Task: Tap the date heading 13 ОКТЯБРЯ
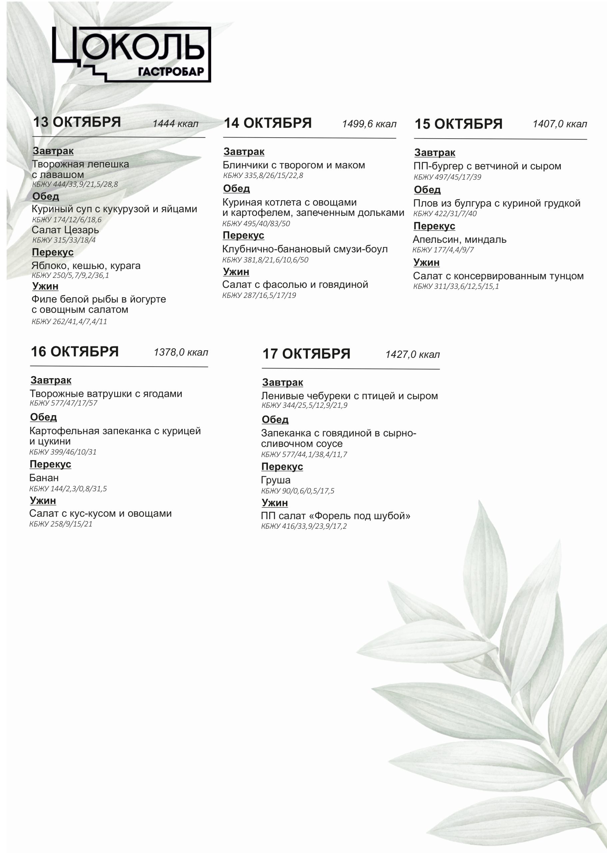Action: click(77, 122)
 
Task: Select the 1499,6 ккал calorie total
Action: click(369, 124)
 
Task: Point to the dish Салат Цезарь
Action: click(65, 230)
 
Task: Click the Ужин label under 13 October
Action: click(45, 286)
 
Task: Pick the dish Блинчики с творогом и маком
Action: click(294, 165)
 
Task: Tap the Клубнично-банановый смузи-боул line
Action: click(304, 249)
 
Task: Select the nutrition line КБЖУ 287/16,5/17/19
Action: click(259, 295)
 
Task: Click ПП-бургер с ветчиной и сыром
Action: click(487, 166)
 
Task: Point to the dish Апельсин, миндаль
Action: click(459, 240)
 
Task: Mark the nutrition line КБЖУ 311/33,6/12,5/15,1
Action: click(456, 286)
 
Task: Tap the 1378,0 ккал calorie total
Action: click(181, 352)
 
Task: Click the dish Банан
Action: click(44, 478)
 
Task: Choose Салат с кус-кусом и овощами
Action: click(101, 513)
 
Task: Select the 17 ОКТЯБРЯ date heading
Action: click(306, 354)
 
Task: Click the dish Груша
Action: click(276, 480)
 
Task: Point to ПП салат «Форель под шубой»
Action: click(335, 516)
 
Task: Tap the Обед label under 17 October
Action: click(275, 420)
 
